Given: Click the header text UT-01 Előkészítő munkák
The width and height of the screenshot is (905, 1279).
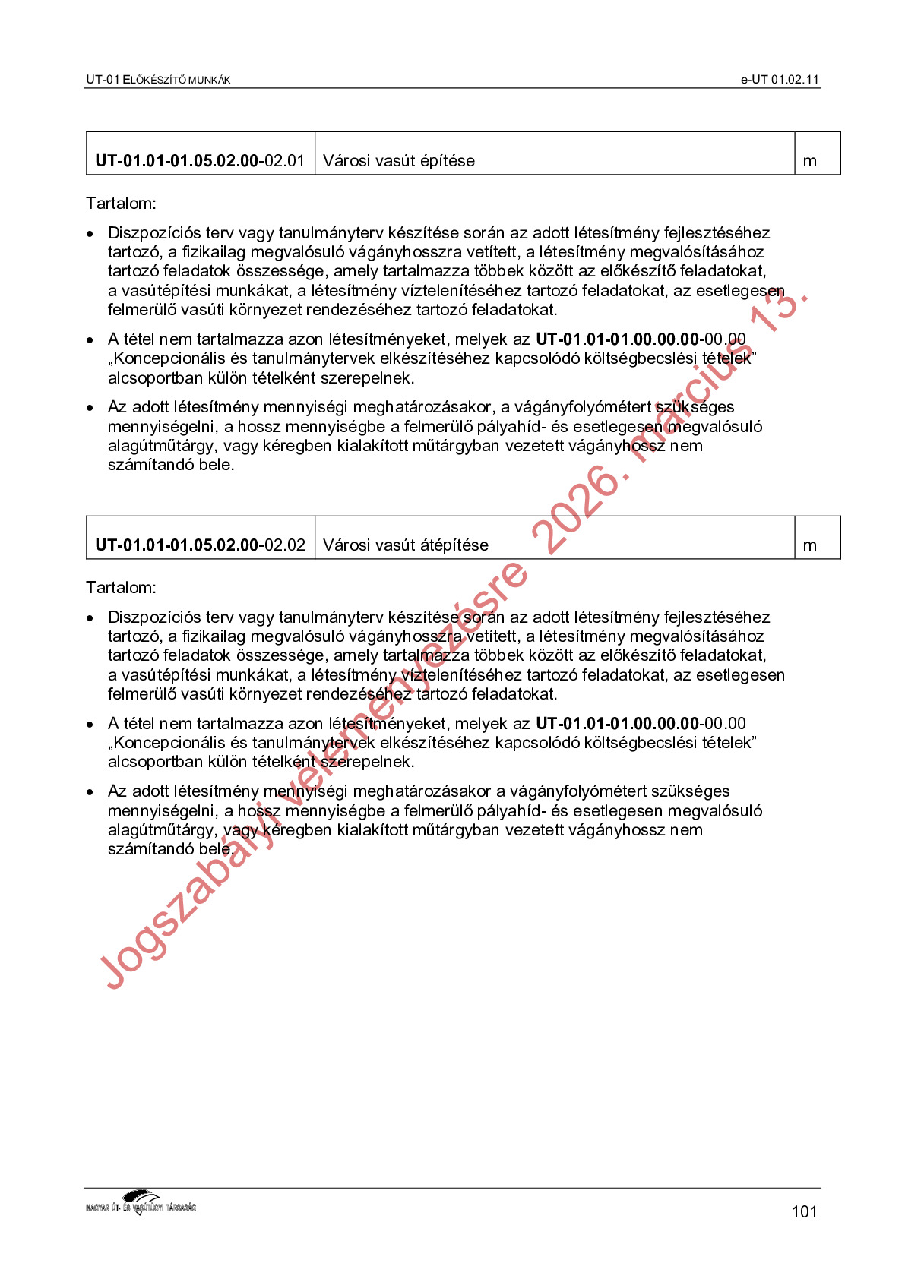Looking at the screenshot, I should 158,80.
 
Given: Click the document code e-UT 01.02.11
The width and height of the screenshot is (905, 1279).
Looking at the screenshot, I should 780,80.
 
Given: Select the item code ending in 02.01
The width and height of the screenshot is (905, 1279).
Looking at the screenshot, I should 200,161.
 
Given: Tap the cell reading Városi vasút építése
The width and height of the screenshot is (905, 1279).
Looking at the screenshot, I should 399,161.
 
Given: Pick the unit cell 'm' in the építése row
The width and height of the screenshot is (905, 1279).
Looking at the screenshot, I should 810,161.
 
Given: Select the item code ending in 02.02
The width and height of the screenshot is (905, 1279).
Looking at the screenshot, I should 200,545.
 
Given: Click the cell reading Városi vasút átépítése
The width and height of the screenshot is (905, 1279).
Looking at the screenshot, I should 406,545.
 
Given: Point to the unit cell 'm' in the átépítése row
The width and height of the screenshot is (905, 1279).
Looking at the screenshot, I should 810,545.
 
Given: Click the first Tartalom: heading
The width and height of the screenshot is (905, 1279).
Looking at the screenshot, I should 121,204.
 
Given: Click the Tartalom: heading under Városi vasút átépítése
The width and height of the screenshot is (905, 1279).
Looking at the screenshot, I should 121,588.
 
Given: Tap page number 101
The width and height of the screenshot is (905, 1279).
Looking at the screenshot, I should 804,1211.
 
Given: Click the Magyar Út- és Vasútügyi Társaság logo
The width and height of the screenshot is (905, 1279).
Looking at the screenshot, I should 141,1203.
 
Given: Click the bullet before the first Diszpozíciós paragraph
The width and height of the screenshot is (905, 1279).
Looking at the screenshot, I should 90,234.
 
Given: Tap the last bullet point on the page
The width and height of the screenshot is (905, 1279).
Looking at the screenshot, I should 90,792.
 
